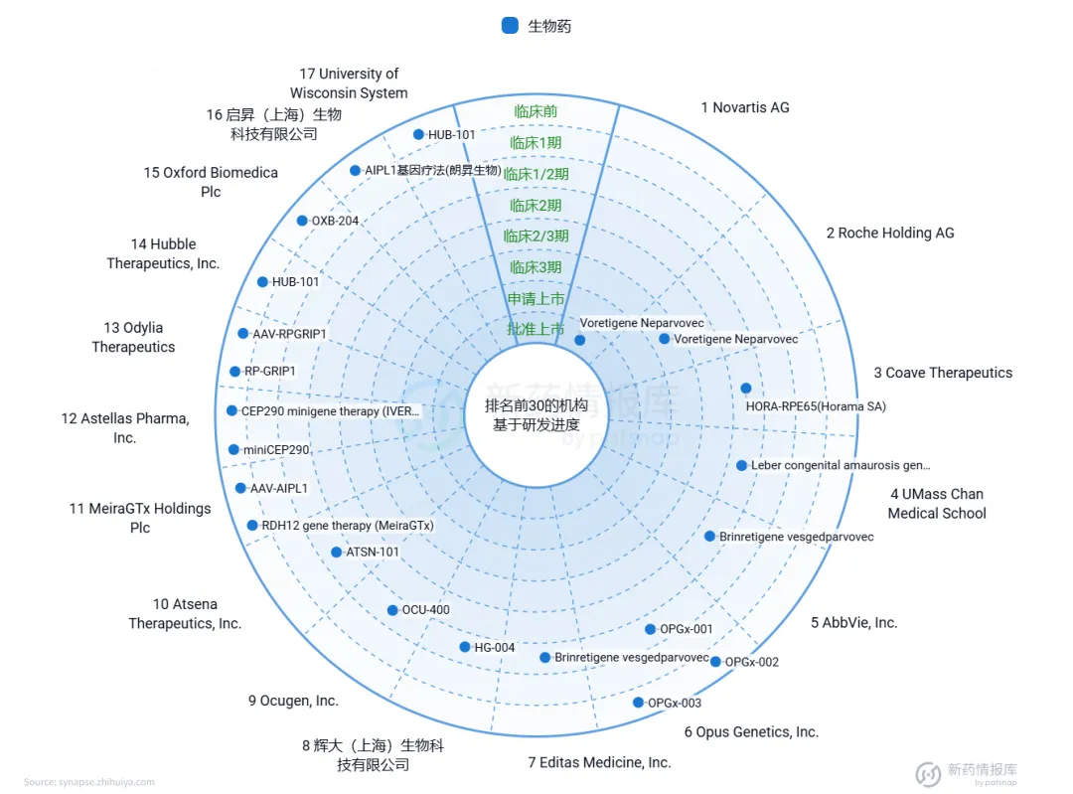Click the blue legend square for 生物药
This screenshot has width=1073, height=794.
pyautogui.click(x=510, y=26)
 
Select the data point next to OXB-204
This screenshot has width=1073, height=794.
pyautogui.click(x=302, y=221)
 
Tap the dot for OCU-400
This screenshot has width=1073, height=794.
pyautogui.click(x=392, y=610)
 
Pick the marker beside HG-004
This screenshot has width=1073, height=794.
pyautogui.click(x=465, y=647)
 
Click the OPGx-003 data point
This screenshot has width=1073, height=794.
pyautogui.click(x=638, y=703)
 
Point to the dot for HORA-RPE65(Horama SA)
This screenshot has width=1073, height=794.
pyautogui.click(x=746, y=389)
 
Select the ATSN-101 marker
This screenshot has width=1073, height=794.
pyautogui.click(x=337, y=553)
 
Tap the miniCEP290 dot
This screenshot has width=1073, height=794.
pyautogui.click(x=233, y=450)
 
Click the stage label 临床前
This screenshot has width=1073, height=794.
pyautogui.click(x=536, y=111)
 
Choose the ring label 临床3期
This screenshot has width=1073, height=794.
pyautogui.click(x=536, y=267)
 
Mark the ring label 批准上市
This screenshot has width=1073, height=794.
pyautogui.click(x=536, y=329)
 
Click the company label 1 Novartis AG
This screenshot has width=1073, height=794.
pyautogui.click(x=745, y=107)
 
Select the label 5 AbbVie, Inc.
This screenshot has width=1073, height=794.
pyautogui.click(x=853, y=623)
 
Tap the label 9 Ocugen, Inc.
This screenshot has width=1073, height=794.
pyautogui.click(x=293, y=701)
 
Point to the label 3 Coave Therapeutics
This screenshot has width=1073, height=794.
pyautogui.click(x=943, y=373)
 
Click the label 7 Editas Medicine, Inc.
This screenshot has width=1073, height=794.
pyautogui.click(x=599, y=762)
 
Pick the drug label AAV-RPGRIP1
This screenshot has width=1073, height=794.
pyautogui.click(x=289, y=335)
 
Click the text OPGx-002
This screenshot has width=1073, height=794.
pyautogui.click(x=752, y=663)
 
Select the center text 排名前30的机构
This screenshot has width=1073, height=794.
pyautogui.click(x=536, y=406)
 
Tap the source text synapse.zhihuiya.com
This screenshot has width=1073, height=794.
pyautogui.click(x=89, y=782)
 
